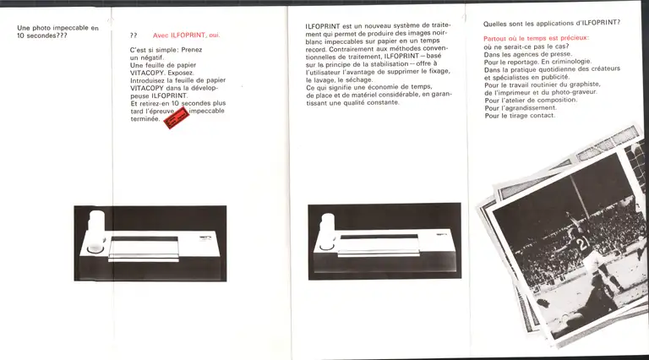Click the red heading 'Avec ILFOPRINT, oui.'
pyautogui.click(x=187, y=35)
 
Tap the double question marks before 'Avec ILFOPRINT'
pyautogui.click(x=134, y=35)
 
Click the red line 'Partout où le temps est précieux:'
pyautogui.click(x=536, y=39)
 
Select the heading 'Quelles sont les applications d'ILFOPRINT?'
pyautogui.click(x=550, y=23)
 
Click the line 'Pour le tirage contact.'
pyautogui.click(x=519, y=115)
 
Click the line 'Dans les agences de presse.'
pyautogui.click(x=521, y=54)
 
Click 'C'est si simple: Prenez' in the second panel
pyautogui.click(x=166, y=51)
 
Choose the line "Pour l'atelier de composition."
pyautogui.click(x=531, y=100)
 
